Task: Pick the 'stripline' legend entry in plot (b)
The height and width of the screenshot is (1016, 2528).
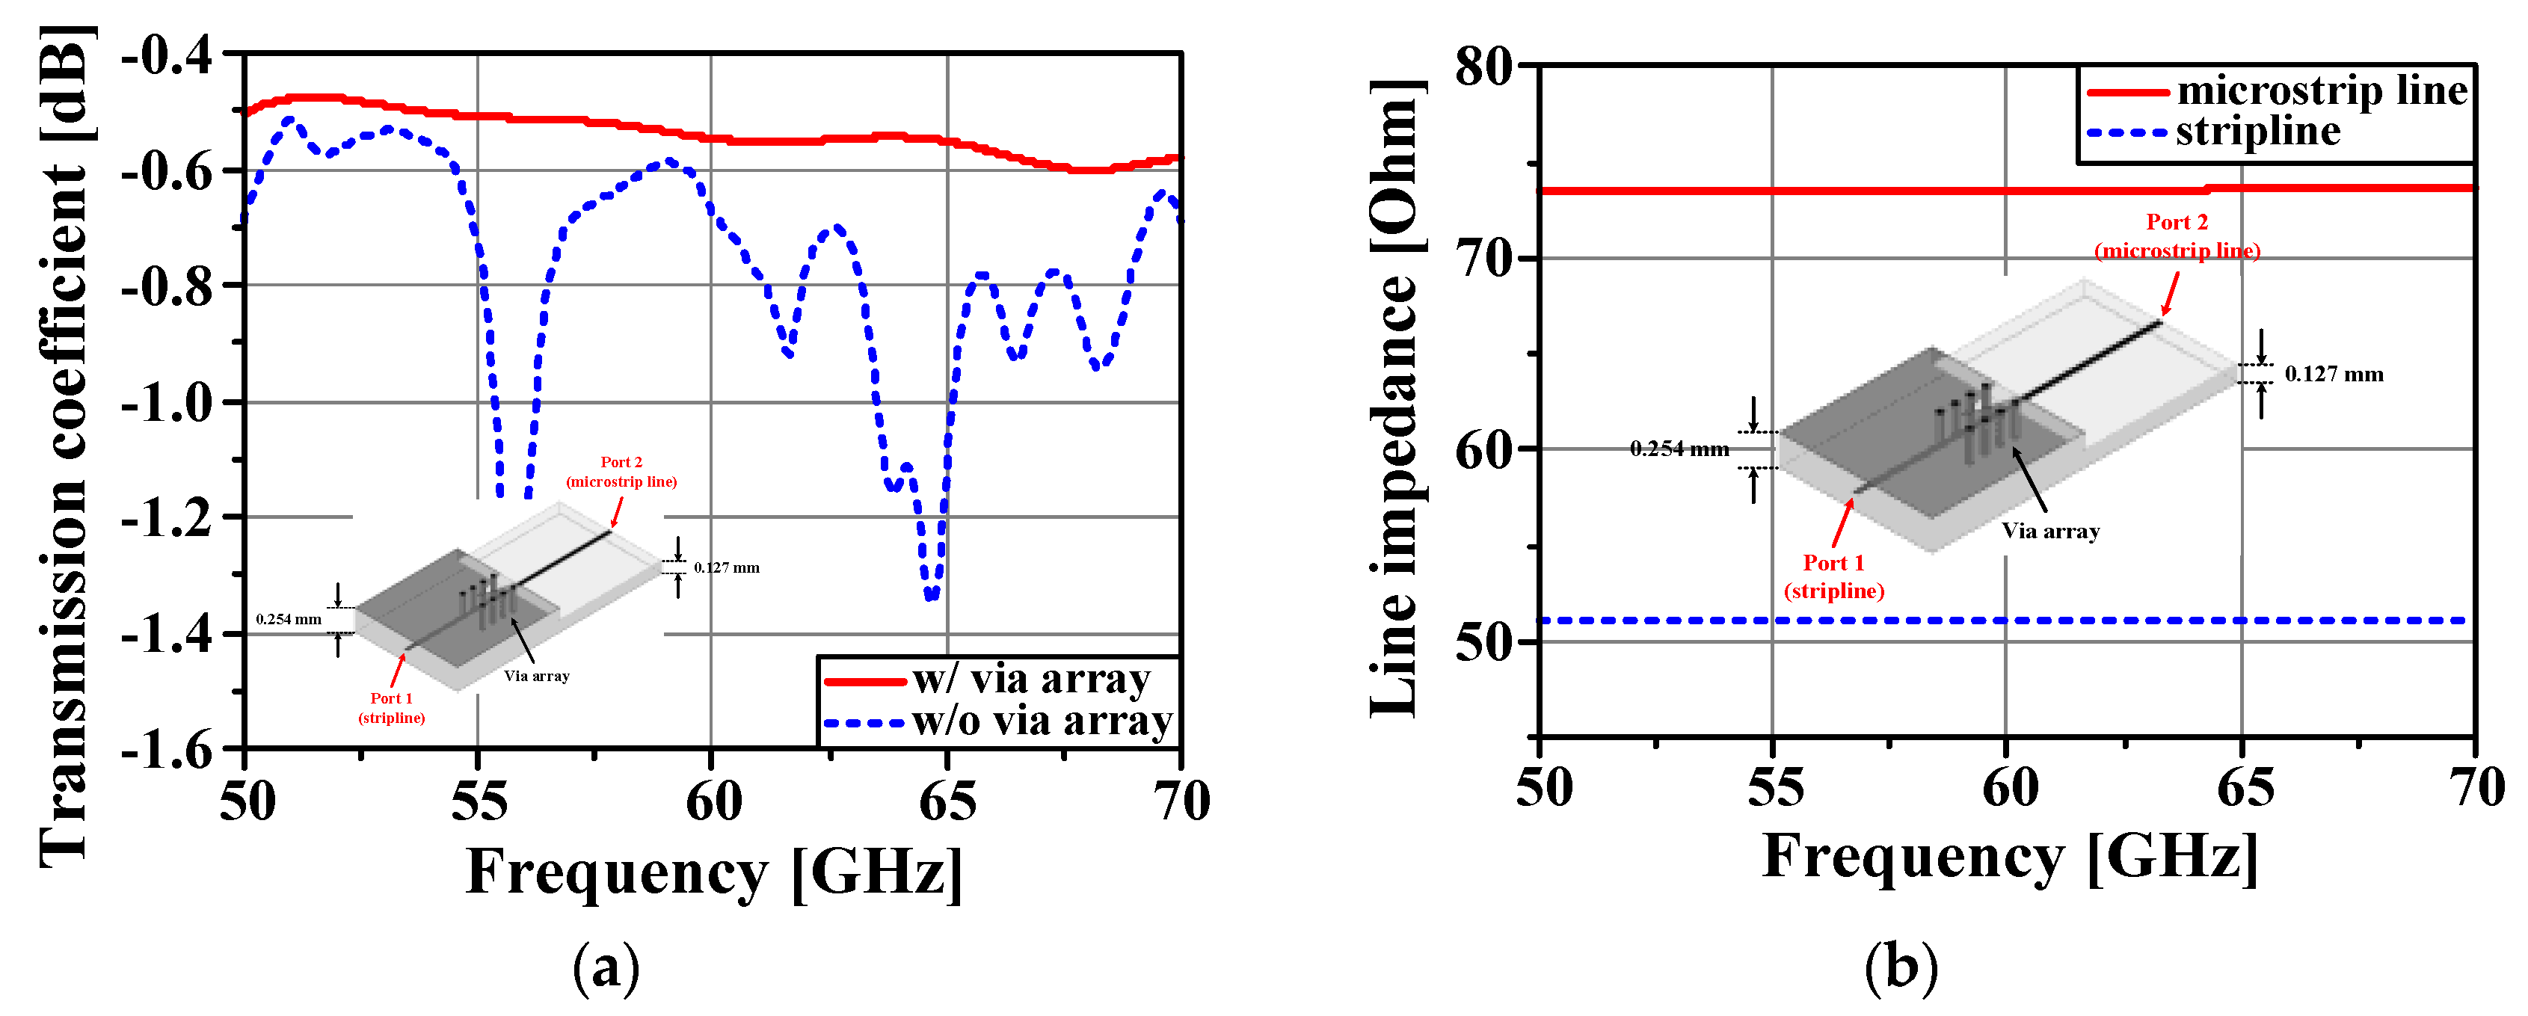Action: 2258,132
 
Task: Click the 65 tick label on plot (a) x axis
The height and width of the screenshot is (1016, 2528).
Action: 947,802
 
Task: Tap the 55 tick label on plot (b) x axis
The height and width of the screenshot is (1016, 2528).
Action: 1775,788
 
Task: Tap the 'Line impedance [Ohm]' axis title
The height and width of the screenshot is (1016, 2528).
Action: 1394,398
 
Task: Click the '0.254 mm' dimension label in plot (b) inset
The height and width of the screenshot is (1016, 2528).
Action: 1679,449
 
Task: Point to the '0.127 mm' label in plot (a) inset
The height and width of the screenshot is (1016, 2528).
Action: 726,567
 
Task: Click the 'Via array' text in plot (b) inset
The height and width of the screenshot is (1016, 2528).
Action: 2050,531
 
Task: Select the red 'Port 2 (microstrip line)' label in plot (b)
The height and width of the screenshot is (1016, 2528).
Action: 2177,236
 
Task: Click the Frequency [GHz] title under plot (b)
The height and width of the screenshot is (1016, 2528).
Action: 2010,856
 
